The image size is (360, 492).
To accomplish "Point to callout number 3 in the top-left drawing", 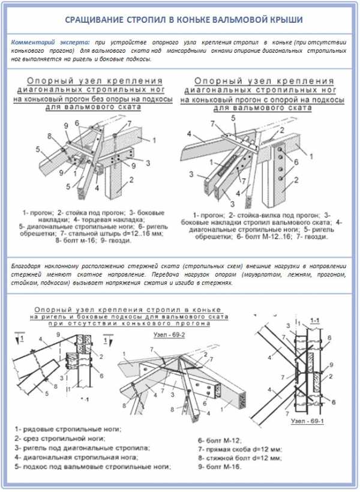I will tap(148, 163).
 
